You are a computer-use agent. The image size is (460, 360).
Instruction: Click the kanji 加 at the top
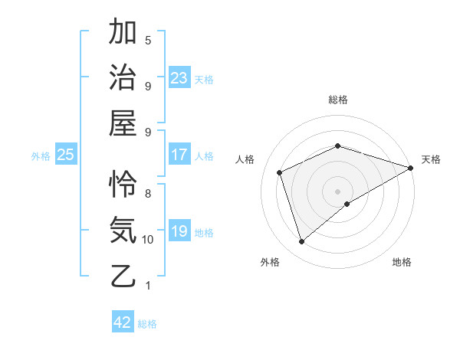click(124, 33)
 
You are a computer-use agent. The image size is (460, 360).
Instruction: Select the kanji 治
click(124, 78)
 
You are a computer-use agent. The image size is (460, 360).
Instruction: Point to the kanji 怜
click(124, 185)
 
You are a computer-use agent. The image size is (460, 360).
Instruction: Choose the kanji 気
click(124, 230)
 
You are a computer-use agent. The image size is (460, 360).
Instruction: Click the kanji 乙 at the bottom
click(124, 275)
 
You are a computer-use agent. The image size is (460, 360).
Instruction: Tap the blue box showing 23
click(179, 77)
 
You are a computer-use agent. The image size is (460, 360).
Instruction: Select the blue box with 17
click(179, 155)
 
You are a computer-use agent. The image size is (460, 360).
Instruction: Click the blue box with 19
click(179, 231)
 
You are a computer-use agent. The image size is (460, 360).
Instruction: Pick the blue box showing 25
click(66, 155)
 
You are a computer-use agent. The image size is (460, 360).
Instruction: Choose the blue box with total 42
click(123, 322)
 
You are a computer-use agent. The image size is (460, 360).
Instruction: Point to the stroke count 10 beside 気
click(148, 240)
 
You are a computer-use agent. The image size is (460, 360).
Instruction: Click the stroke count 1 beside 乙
click(148, 286)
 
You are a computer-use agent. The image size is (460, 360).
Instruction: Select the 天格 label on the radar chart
click(431, 159)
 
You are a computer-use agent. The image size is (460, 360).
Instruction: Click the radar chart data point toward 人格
click(280, 172)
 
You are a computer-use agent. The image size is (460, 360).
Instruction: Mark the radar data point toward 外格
click(301, 242)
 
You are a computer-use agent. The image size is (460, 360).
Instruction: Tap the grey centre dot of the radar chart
click(337, 190)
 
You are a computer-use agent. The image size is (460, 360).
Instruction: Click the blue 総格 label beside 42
click(147, 324)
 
